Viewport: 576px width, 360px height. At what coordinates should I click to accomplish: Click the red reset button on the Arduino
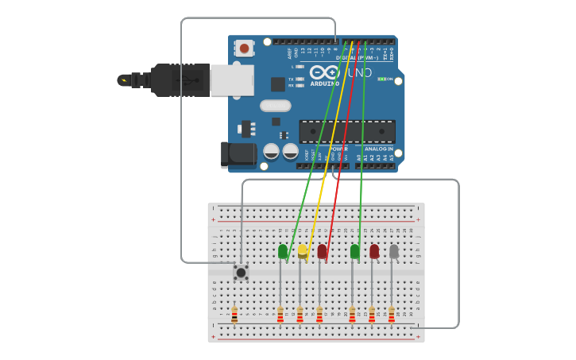pyautogui.click(x=245, y=48)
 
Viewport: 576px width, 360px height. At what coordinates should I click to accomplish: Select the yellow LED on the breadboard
pyautogui.click(x=302, y=251)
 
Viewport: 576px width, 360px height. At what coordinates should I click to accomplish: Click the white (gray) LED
pyautogui.click(x=393, y=251)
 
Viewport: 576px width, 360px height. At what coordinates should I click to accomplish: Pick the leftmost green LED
pyautogui.click(x=283, y=251)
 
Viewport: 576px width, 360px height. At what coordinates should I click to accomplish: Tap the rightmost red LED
pyautogui.click(x=374, y=251)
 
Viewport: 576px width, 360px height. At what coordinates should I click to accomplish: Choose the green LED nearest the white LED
pyautogui.click(x=354, y=251)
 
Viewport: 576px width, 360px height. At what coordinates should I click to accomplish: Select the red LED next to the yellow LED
pyautogui.click(x=322, y=251)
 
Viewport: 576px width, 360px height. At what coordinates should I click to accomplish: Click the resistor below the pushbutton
pyautogui.click(x=234, y=315)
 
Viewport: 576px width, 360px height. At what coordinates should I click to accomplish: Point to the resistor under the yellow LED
pyautogui.click(x=300, y=315)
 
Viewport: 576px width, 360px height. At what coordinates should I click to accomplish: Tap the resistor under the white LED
pyautogui.click(x=391, y=315)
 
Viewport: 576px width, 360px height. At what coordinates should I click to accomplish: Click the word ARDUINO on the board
pyautogui.click(x=324, y=83)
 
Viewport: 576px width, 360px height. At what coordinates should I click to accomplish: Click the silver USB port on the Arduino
pyautogui.click(x=232, y=80)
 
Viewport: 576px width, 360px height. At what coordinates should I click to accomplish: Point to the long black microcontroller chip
pyautogui.click(x=347, y=132)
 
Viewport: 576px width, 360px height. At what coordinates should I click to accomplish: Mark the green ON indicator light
pyautogui.click(x=382, y=79)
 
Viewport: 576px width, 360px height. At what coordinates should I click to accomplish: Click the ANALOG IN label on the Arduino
pyautogui.click(x=379, y=149)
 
